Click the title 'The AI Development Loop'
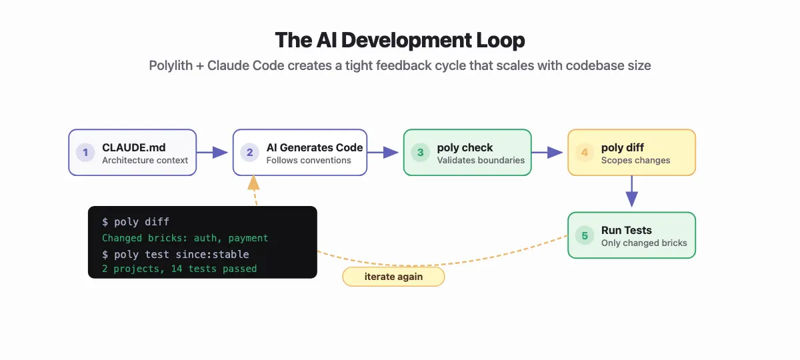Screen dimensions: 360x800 point(400,40)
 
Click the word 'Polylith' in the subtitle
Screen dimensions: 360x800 point(171,66)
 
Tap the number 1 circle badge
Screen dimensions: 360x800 point(85,153)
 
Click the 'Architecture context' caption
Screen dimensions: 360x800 point(145,160)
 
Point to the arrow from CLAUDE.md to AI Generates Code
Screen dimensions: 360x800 point(214,153)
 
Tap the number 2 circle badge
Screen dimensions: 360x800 point(249,153)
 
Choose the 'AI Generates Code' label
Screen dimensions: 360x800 point(314,147)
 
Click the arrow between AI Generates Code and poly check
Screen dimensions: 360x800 point(385,153)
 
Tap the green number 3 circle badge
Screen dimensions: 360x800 point(420,153)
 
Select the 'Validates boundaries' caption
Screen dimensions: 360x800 point(481,160)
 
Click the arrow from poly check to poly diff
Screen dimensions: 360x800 point(549,153)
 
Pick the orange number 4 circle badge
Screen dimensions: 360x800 point(585,153)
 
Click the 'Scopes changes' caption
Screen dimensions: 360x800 point(635,160)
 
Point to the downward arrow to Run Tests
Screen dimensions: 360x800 point(631,193)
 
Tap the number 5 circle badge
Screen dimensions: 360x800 point(585,235)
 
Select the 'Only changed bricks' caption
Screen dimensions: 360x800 point(644,243)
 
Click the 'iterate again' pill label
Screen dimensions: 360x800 point(393,277)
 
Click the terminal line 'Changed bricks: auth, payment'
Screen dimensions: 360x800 point(185,238)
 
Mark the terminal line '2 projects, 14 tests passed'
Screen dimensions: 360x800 point(179,269)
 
